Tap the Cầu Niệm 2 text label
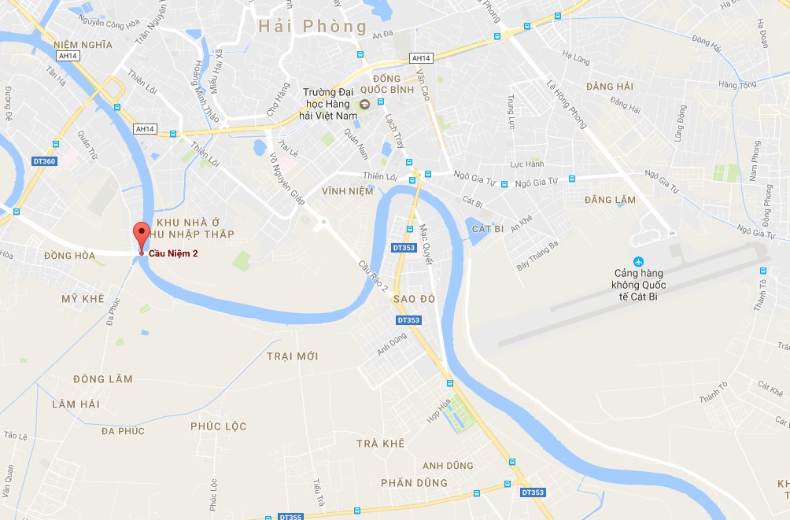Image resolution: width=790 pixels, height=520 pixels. pos(174,253)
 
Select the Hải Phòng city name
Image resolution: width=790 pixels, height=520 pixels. pos(313,27)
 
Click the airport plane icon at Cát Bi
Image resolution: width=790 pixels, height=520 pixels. pos(638,261)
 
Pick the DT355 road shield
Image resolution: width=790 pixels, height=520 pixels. pos(290,517)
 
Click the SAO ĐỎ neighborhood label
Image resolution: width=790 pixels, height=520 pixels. pos(413,300)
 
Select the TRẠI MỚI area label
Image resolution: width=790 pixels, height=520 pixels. pos(293,356)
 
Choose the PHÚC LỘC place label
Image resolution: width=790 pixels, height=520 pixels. pos(219,426)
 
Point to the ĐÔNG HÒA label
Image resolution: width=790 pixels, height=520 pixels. pos(69,256)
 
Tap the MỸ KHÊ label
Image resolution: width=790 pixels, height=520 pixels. pos(83,299)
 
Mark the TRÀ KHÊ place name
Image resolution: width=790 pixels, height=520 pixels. pos(381,444)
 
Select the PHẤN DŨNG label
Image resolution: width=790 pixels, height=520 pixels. pos(414,482)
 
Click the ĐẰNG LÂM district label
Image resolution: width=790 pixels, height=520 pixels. pos(610,200)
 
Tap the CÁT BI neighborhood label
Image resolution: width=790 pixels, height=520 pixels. pos(488,229)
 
